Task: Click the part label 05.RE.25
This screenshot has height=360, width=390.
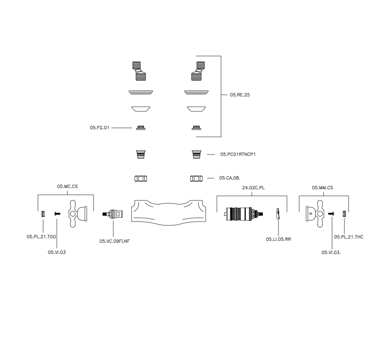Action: point(240,95)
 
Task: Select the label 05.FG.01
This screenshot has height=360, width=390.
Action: point(99,128)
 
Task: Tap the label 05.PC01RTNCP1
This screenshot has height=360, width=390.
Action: point(238,155)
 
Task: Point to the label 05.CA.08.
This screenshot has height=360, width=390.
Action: point(229,178)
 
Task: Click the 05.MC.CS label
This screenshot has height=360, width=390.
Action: point(68,186)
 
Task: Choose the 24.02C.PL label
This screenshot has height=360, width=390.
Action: point(253,188)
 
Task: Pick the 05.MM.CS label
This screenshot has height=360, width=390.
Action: point(322,188)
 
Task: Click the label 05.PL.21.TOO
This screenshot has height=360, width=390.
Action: point(41,237)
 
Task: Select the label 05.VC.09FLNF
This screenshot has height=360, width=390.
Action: point(115,241)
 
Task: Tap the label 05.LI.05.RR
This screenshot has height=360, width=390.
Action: point(278,239)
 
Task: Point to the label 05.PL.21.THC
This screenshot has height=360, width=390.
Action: point(348,237)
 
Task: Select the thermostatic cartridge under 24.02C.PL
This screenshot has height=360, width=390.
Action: point(244,214)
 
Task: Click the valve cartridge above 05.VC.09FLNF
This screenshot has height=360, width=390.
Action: point(113,214)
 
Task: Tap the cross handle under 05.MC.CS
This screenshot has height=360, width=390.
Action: point(78,214)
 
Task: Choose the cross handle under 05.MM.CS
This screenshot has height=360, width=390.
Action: point(315,214)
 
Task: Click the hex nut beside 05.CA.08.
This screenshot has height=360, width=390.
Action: point(196,179)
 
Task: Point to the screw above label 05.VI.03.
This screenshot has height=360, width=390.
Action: point(57,214)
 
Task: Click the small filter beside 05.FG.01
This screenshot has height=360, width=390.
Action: point(141,128)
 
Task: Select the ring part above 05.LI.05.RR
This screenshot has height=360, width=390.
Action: point(278,214)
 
